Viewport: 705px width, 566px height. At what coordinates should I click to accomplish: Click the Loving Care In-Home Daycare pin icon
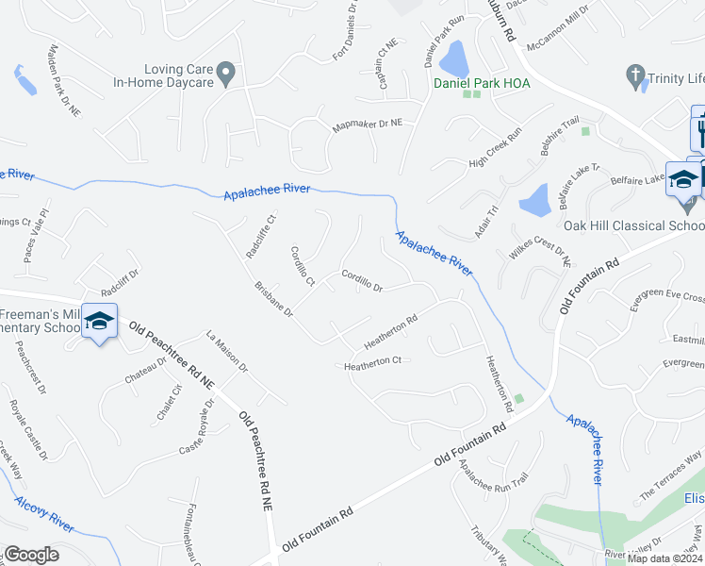tap(225, 72)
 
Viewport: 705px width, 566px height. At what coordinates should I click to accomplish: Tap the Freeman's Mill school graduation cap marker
tap(98, 321)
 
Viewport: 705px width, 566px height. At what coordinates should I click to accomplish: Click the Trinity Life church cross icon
tap(635, 75)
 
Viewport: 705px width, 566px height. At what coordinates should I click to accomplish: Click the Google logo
tap(31, 555)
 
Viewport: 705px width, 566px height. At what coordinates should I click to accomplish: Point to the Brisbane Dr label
tap(274, 300)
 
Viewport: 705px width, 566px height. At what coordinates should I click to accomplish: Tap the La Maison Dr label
tap(227, 350)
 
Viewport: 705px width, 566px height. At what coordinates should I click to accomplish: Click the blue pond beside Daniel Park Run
tap(456, 60)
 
